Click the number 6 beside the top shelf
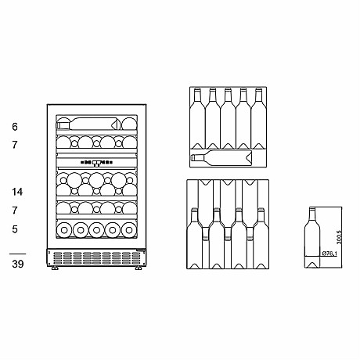point(15,127)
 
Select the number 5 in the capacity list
point(15,229)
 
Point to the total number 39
point(17,265)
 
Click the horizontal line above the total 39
point(17,254)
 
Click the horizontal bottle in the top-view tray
point(223,158)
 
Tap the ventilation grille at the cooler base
point(94,257)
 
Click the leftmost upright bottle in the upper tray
point(196,113)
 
